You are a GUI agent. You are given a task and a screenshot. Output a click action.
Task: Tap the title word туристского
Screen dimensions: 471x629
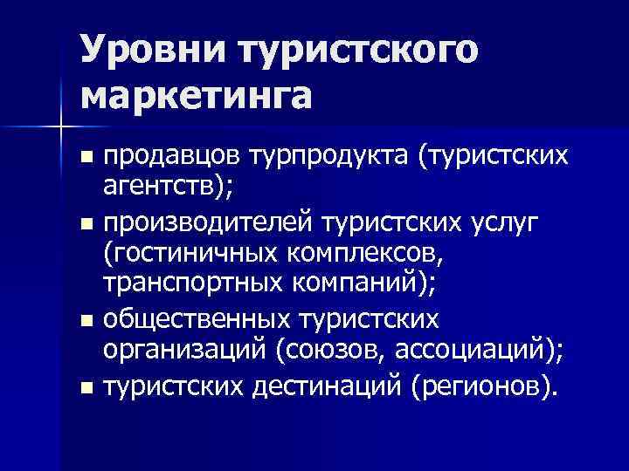point(359,50)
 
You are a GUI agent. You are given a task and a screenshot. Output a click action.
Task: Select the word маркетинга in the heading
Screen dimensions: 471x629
point(197,94)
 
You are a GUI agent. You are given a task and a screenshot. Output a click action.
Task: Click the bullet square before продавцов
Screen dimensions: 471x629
point(86,159)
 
